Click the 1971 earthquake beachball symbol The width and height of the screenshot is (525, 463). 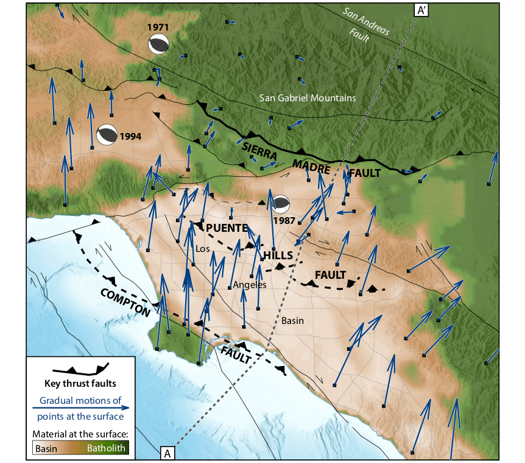click(158, 44)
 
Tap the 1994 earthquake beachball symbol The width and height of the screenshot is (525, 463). click(107, 135)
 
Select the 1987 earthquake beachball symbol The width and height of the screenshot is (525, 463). click(281, 204)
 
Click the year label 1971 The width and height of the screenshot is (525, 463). click(158, 27)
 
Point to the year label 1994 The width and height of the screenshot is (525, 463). click(130, 136)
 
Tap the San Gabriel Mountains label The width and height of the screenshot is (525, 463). click(308, 98)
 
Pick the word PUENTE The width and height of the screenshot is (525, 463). click(226, 228)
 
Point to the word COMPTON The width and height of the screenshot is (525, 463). click(125, 301)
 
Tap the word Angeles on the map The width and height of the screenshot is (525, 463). click(250, 285)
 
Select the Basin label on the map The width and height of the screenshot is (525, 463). click(292, 320)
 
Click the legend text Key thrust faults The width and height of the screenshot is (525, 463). click(80, 384)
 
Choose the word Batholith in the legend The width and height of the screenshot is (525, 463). click(106, 448)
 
